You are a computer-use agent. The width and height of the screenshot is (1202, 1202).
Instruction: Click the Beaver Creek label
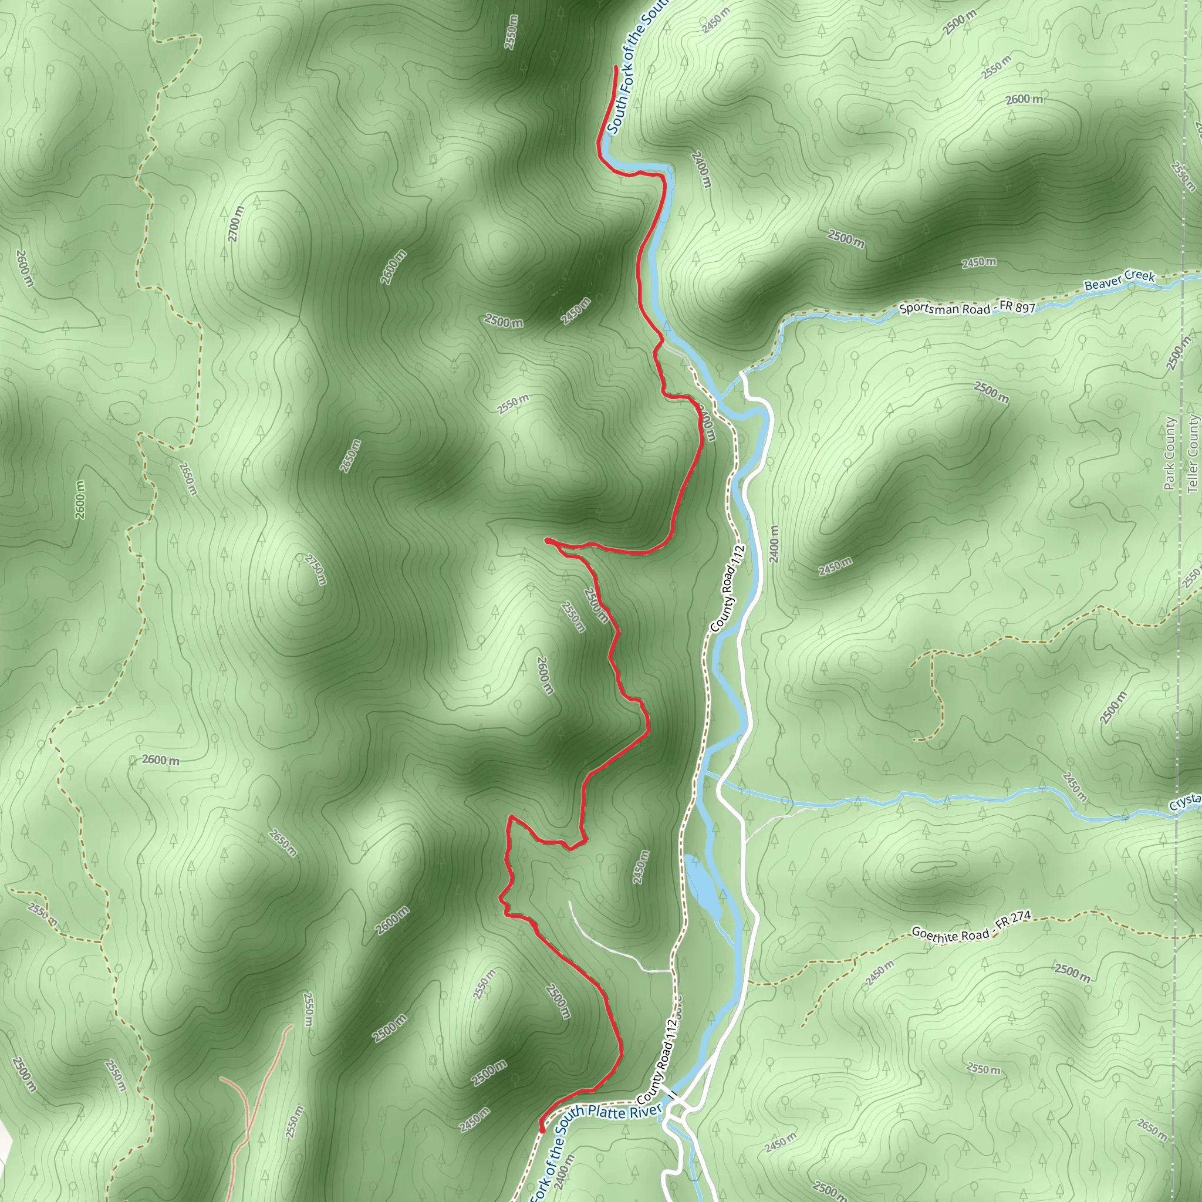pos(1119,281)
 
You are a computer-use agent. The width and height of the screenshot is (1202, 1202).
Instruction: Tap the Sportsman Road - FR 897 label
pos(967,308)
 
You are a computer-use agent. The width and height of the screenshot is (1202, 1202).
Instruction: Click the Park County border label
pos(1169,453)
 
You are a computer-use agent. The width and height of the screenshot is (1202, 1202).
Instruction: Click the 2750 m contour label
pos(315,569)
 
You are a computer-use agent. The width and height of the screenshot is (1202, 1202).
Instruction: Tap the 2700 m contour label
pos(235,224)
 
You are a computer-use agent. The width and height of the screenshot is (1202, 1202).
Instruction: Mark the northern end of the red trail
pos(615,66)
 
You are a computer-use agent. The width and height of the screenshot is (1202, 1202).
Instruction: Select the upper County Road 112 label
pos(727,589)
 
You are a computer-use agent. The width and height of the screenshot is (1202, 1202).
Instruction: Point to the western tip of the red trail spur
pos(546,541)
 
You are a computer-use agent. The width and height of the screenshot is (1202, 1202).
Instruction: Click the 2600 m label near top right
pos(1024,100)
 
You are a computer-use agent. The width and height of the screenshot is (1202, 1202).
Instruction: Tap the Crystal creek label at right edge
pos(1185,802)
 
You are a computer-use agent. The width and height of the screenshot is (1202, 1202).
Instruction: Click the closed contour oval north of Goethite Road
pos(933,866)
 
